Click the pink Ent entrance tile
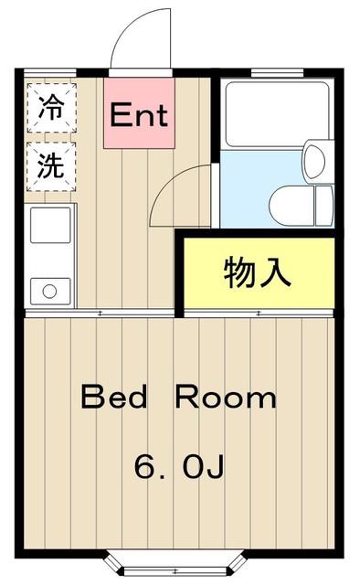(139, 113)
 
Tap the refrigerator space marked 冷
(52, 108)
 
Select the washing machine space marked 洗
(52, 166)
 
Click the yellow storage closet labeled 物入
(259, 273)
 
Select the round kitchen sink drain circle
(49, 292)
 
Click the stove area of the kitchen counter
(50, 225)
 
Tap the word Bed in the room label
(114, 397)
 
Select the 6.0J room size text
(179, 466)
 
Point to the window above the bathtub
(277, 72)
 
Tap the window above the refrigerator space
(50, 72)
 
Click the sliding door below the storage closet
(259, 314)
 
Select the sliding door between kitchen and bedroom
(100, 314)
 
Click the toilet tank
(323, 205)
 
